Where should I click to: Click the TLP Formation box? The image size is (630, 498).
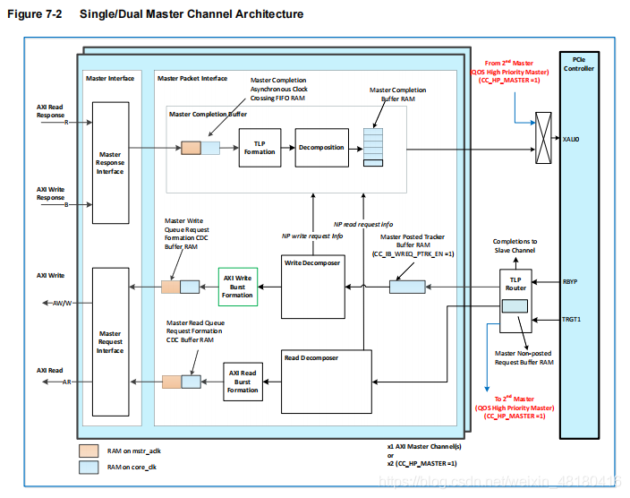tap(260, 148)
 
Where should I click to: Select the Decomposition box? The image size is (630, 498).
tap(321, 148)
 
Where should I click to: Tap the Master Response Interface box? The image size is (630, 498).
tap(110, 162)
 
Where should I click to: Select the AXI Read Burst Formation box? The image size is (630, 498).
tap(243, 381)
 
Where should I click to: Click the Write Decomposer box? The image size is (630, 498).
tap(312, 288)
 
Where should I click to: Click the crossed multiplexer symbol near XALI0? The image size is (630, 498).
tap(543, 138)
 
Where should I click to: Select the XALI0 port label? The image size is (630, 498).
tap(572, 139)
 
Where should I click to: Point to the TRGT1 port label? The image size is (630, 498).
tap(572, 319)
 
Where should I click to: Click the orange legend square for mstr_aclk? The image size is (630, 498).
tap(89, 451)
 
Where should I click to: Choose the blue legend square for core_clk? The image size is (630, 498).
tap(89, 468)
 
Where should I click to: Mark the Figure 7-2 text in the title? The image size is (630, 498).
tap(37, 14)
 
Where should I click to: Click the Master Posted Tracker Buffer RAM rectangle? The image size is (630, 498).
tap(407, 287)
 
